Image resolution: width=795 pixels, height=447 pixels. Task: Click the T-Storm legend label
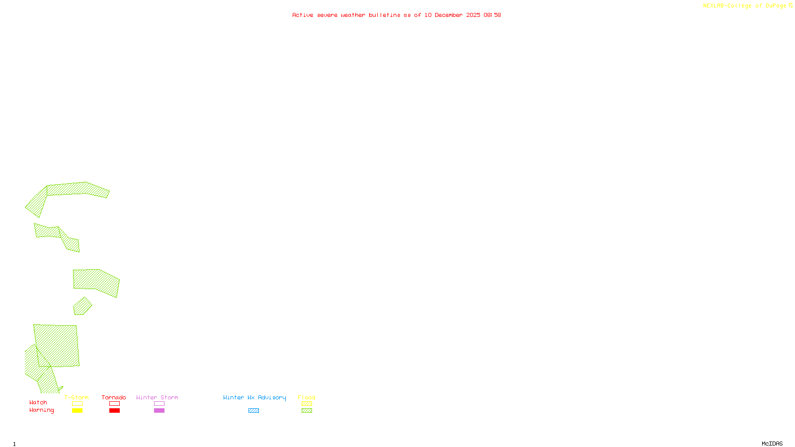(77, 397)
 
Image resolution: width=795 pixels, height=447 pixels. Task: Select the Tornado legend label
(114, 397)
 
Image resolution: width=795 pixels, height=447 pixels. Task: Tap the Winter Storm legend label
(157, 397)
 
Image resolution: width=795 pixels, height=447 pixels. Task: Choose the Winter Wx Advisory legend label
(254, 397)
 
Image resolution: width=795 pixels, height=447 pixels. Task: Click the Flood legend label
(307, 397)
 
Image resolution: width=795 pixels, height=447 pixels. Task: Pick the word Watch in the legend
(38, 402)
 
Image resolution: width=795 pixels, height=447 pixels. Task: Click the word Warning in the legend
(42, 410)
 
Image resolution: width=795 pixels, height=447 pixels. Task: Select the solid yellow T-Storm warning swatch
(77, 411)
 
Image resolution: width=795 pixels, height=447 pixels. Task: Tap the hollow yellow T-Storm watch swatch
(77, 404)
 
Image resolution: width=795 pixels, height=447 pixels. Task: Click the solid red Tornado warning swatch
(114, 411)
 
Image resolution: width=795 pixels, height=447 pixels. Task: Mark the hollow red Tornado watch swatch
(114, 404)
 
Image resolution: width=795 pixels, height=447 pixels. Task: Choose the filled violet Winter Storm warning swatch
(159, 411)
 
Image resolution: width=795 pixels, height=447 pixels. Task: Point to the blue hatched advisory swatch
(253, 411)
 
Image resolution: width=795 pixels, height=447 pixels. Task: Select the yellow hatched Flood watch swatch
(307, 404)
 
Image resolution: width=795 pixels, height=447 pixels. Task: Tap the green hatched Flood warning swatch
(307, 411)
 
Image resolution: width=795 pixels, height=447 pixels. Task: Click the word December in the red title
(449, 15)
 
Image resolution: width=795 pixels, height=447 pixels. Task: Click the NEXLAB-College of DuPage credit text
(744, 5)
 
